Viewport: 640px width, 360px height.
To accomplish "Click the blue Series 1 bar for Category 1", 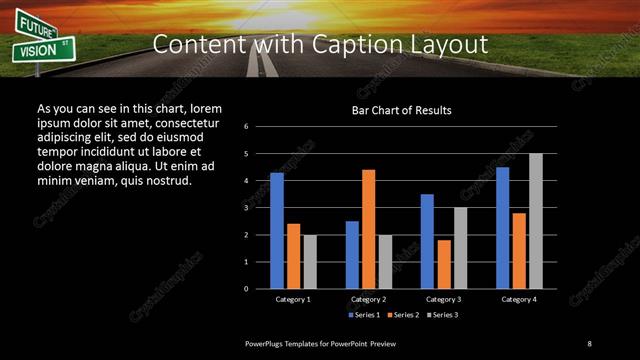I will [277, 231].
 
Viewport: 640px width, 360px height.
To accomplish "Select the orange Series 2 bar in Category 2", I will [368, 229].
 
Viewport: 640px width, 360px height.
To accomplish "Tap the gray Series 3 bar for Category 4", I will [536, 221].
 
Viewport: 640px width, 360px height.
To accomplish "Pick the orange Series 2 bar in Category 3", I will [443, 264].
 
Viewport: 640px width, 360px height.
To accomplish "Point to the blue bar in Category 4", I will [502, 228].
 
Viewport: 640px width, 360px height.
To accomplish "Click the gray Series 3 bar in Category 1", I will [310, 262].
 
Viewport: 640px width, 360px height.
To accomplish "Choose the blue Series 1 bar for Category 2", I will [352, 255].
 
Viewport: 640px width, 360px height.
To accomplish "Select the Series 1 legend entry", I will [365, 315].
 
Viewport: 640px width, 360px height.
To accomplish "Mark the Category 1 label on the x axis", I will [293, 299].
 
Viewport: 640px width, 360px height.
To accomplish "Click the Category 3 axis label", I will [443, 299].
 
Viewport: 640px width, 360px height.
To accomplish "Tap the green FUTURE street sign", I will [37, 26].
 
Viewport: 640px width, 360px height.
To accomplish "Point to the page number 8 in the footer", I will [590, 343].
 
